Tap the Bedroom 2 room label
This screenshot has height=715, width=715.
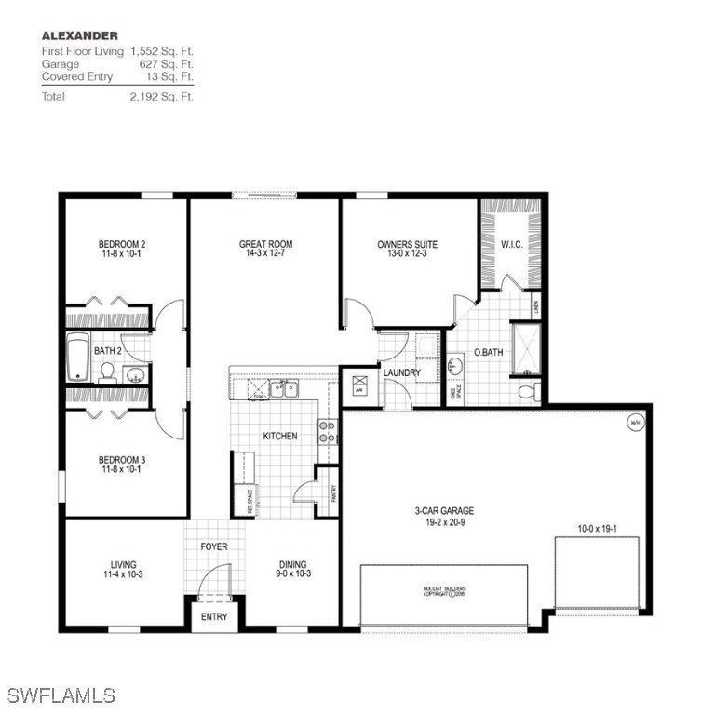tap(122, 245)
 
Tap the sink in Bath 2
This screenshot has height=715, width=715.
tap(135, 375)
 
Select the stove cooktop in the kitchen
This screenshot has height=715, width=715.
tap(328, 430)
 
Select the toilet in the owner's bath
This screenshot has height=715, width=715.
tap(526, 391)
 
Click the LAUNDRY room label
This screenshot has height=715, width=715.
tap(402, 372)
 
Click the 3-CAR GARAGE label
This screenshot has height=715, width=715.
tap(444, 511)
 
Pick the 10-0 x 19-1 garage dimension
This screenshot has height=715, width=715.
tap(598, 528)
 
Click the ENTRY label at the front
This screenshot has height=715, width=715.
tap(214, 616)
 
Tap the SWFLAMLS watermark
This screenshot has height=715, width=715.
tap(61, 695)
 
